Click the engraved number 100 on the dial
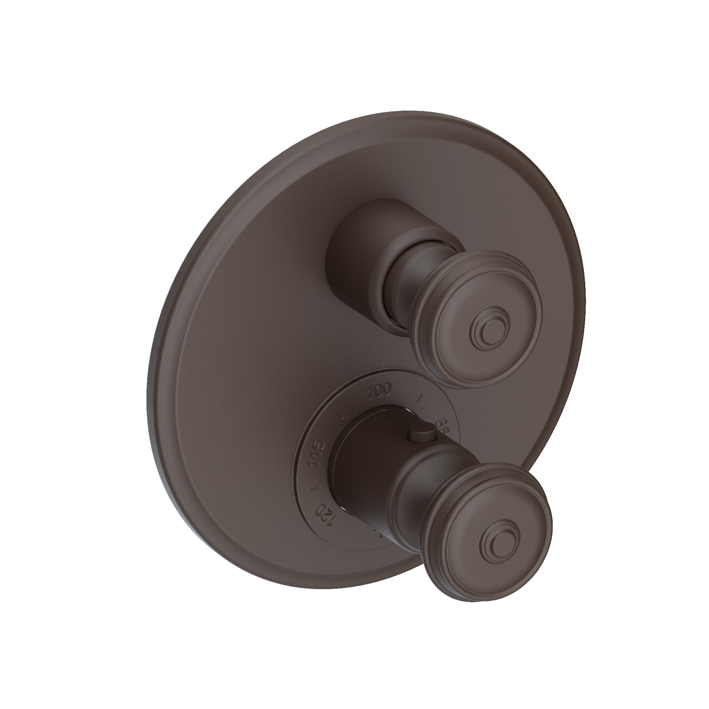[x=379, y=391]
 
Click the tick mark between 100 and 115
[x=340, y=415]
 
